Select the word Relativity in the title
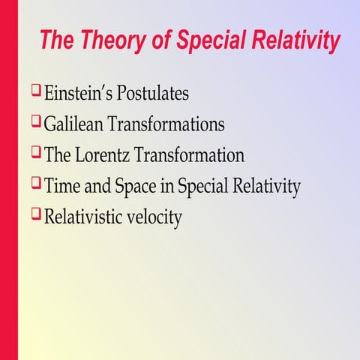294,40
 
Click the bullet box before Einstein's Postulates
35,92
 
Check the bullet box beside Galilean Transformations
35,123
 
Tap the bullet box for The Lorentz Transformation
35,154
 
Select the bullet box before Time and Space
35,184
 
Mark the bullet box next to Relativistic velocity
35,215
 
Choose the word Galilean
76,125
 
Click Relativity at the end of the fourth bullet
268,187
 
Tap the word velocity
155,218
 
